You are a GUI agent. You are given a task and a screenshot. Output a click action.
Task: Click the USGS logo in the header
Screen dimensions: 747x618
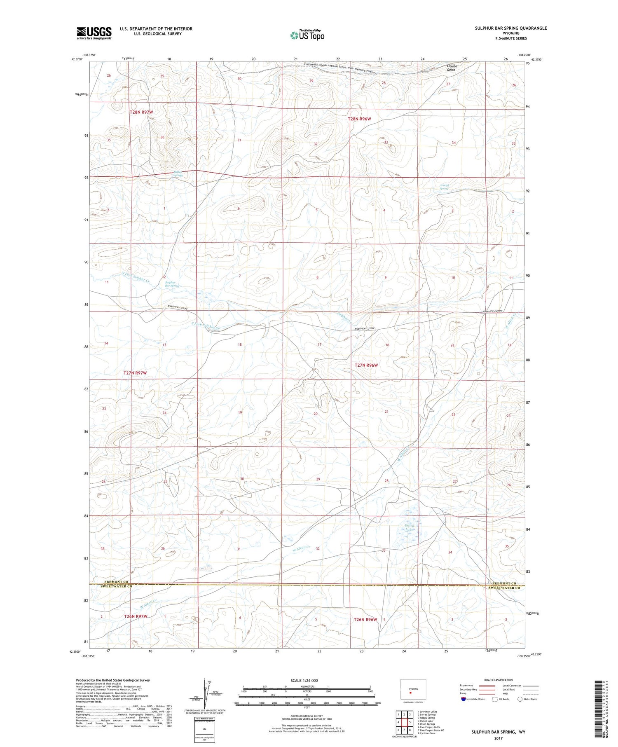pos(94,33)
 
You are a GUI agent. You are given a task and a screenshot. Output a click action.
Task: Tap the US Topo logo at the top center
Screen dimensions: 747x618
pos(307,35)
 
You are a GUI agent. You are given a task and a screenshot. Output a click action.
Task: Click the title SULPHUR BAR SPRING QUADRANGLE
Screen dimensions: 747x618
pos(510,28)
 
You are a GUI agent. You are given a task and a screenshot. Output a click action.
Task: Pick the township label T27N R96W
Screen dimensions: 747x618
pos(366,365)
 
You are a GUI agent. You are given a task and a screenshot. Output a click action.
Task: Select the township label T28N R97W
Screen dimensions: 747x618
pos(141,112)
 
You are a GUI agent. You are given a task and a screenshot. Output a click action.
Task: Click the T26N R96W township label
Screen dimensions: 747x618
pos(365,619)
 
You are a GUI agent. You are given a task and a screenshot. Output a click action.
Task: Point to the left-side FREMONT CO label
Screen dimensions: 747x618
pos(116,582)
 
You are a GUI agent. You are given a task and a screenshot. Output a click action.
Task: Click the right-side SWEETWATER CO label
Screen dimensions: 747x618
pos(504,588)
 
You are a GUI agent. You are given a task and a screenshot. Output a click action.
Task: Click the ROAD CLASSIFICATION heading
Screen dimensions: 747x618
pos(499,680)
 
